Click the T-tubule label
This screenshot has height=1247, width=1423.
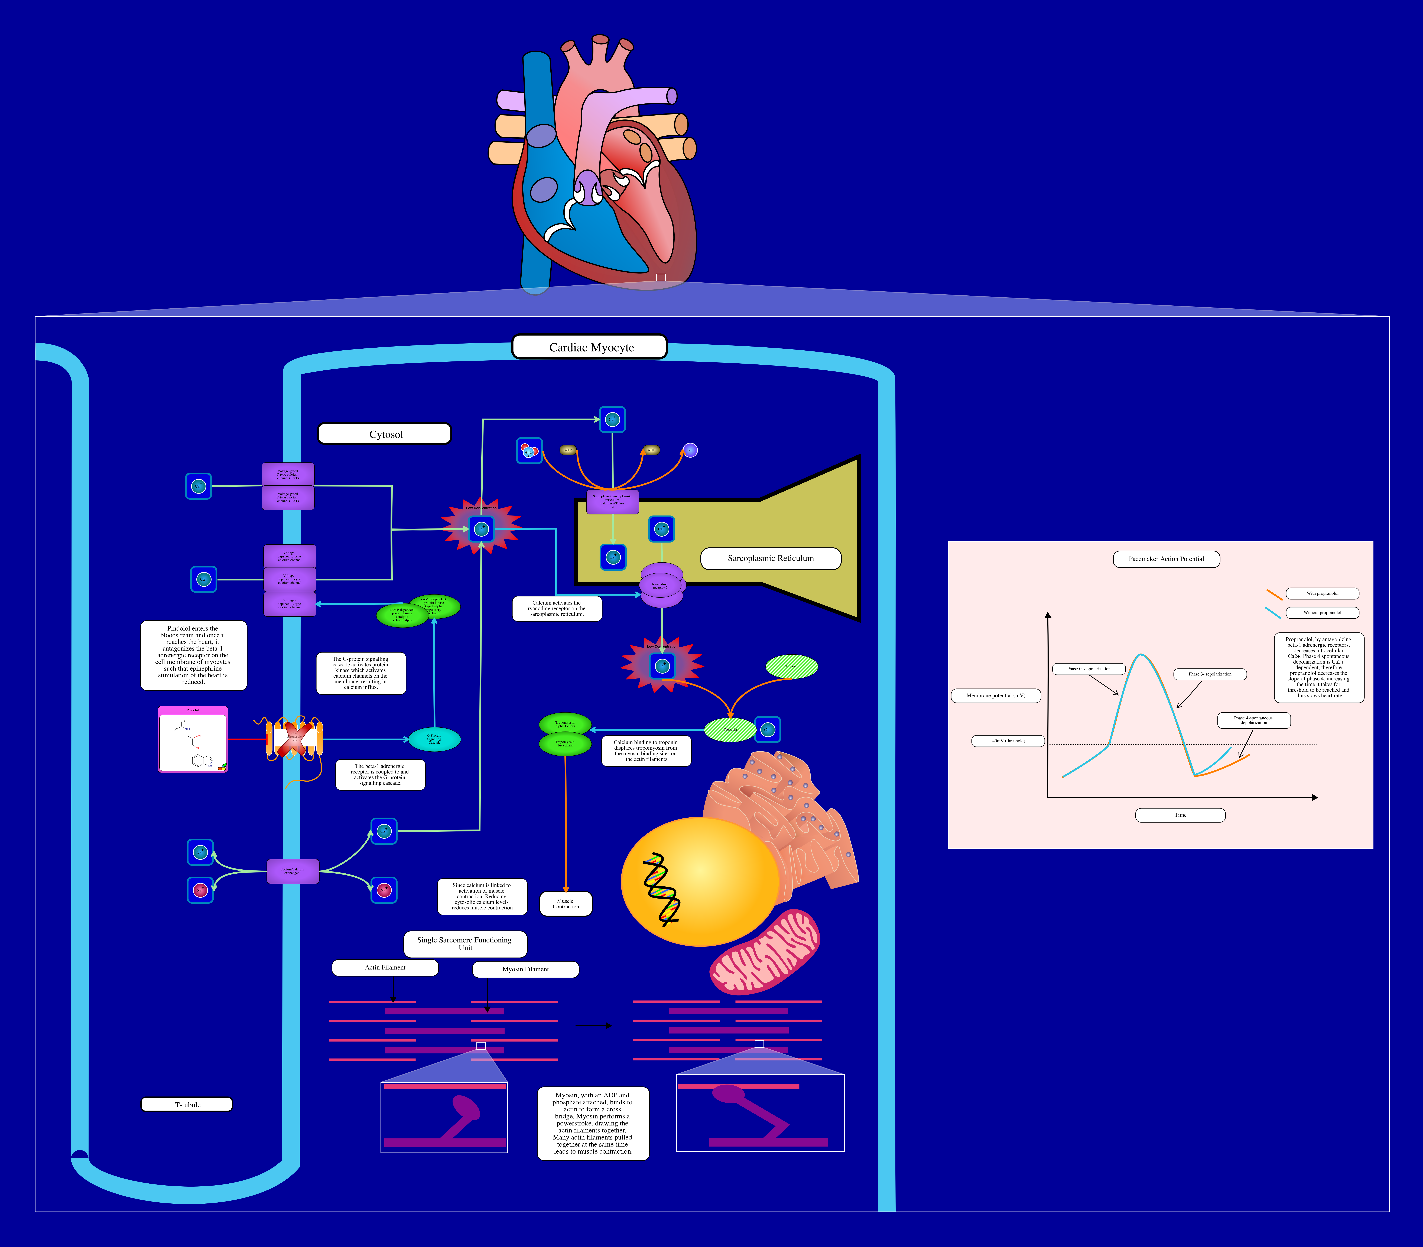click(x=187, y=1104)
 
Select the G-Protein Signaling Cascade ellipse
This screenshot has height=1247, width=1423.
click(x=434, y=739)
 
